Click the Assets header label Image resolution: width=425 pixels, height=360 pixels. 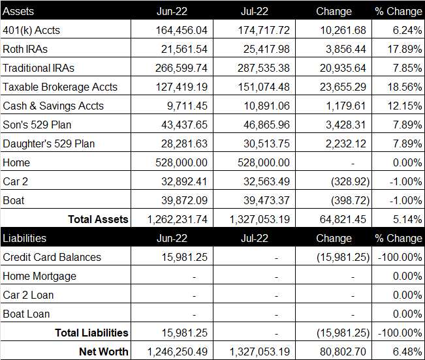(x=18, y=11)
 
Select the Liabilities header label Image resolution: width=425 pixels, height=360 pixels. (x=24, y=238)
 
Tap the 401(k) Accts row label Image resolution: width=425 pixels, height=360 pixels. (x=31, y=30)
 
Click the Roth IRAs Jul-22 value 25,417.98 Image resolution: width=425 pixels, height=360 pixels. (x=266, y=50)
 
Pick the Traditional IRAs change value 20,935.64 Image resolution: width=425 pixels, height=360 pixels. (x=343, y=68)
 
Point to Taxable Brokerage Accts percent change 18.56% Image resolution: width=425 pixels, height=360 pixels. (x=404, y=87)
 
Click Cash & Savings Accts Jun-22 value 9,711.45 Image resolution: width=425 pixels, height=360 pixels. (x=187, y=106)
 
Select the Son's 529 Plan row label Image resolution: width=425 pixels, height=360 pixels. (x=37, y=125)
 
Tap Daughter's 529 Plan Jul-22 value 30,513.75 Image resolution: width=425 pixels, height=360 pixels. (x=266, y=143)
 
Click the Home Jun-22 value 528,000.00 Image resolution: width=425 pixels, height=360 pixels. (x=181, y=162)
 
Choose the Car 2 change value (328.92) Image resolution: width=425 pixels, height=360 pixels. (x=350, y=181)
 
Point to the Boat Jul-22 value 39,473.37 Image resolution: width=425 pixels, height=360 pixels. (x=266, y=201)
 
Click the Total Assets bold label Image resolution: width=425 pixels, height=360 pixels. (x=98, y=219)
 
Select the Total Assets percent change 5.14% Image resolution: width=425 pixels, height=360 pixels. (x=407, y=220)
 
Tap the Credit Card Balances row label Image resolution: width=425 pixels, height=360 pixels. (x=52, y=257)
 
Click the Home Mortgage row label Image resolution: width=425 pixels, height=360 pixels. (x=39, y=277)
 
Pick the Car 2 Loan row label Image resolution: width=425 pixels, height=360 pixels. (x=28, y=295)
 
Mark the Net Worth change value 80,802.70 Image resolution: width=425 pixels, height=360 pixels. (x=343, y=352)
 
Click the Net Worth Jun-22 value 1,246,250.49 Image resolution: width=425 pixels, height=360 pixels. (x=178, y=352)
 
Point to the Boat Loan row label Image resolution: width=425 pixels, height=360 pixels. (x=26, y=314)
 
